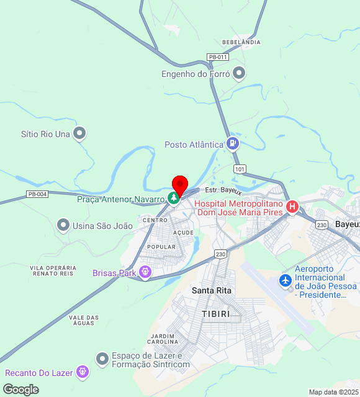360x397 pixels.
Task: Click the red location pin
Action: pyautogui.click(x=179, y=185)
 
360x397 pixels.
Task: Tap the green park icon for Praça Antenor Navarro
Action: pyautogui.click(x=174, y=199)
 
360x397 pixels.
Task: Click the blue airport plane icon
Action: pyautogui.click(x=286, y=281)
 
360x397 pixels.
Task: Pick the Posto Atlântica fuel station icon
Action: pyautogui.click(x=232, y=144)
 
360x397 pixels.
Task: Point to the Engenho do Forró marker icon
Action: pyautogui.click(x=239, y=74)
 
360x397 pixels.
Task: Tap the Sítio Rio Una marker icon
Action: pyautogui.click(x=79, y=133)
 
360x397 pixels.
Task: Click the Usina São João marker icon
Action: pyautogui.click(x=63, y=225)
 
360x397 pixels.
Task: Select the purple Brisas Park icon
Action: pyautogui.click(x=145, y=272)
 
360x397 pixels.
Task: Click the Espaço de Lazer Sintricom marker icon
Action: pyautogui.click(x=102, y=359)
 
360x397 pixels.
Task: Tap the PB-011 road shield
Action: pyautogui.click(x=218, y=57)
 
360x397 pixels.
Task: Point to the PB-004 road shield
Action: pyautogui.click(x=37, y=194)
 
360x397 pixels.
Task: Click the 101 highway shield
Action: pyautogui.click(x=240, y=169)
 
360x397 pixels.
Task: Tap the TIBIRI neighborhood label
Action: pyautogui.click(x=216, y=314)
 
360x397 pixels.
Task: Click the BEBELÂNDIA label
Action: pyautogui.click(x=241, y=42)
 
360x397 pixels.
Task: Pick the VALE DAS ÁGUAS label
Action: pyautogui.click(x=84, y=321)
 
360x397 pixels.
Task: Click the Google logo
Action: pyautogui.click(x=20, y=390)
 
